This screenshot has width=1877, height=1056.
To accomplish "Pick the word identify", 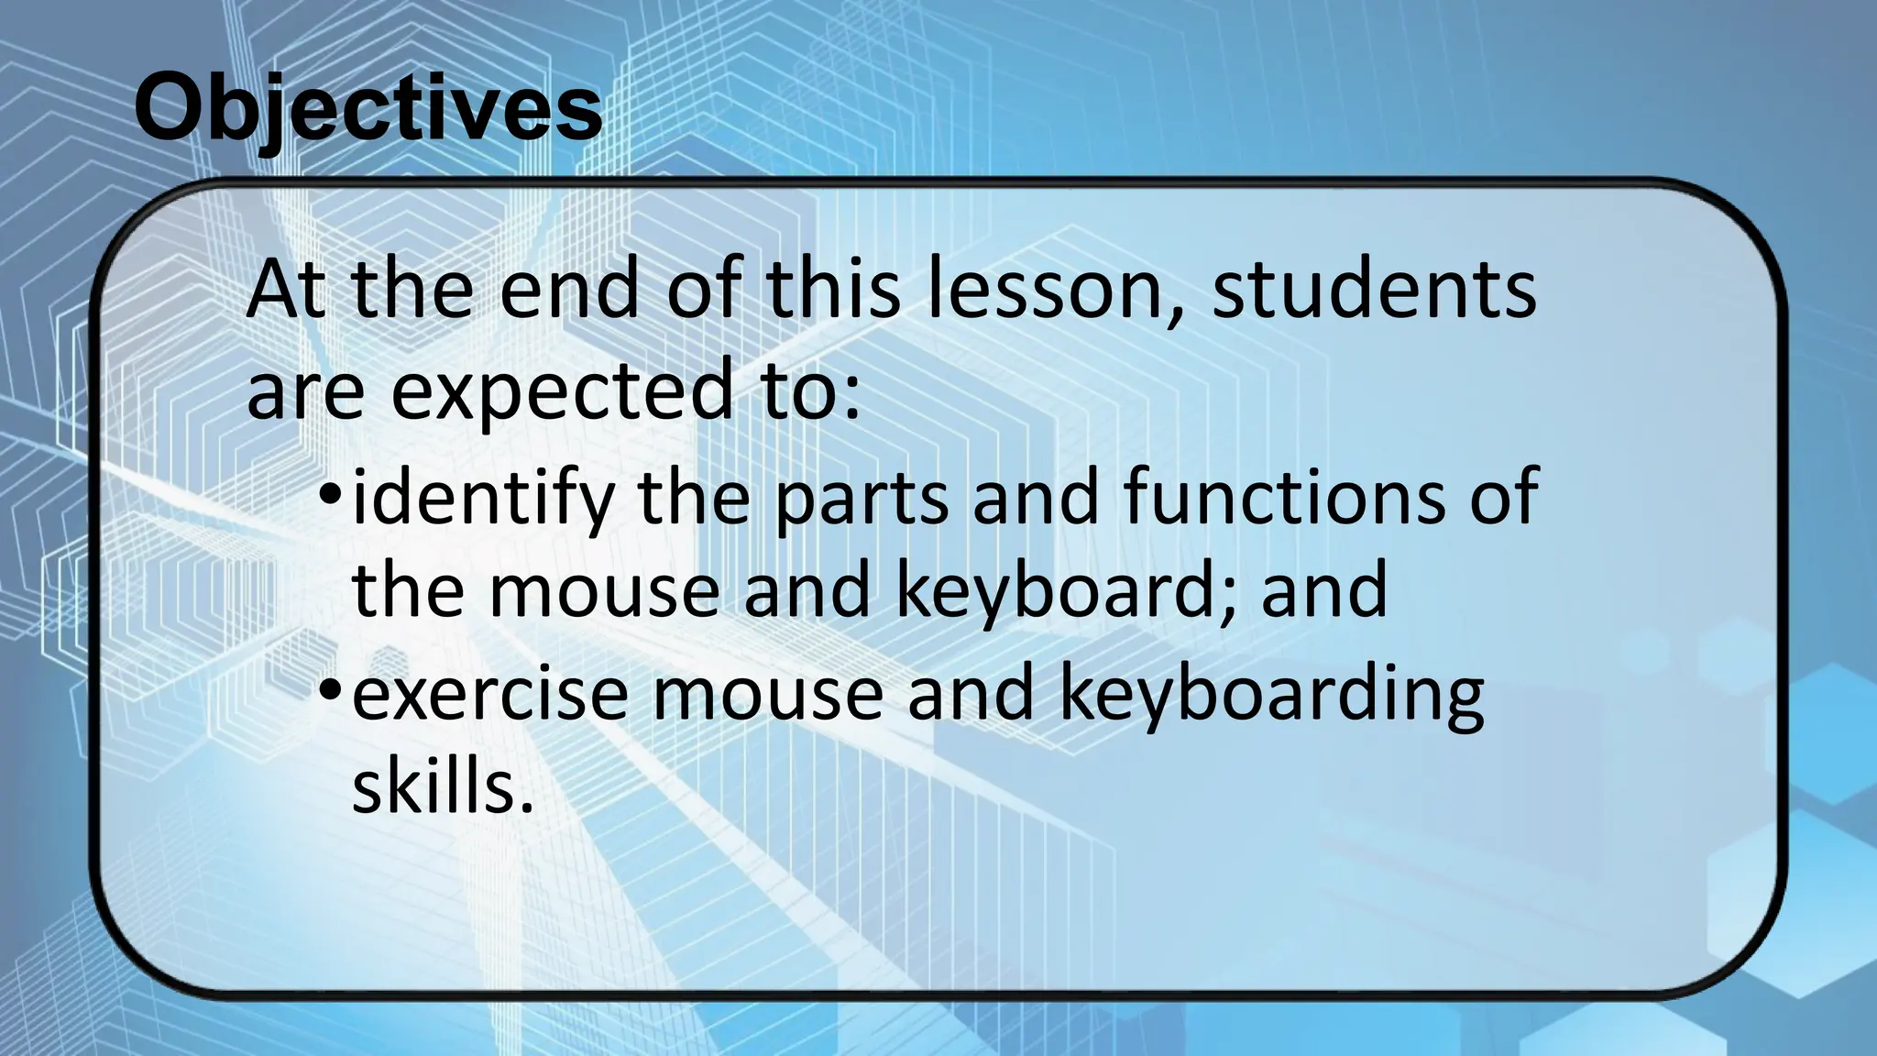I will point(482,498).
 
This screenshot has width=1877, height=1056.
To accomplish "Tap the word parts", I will point(862,498).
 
